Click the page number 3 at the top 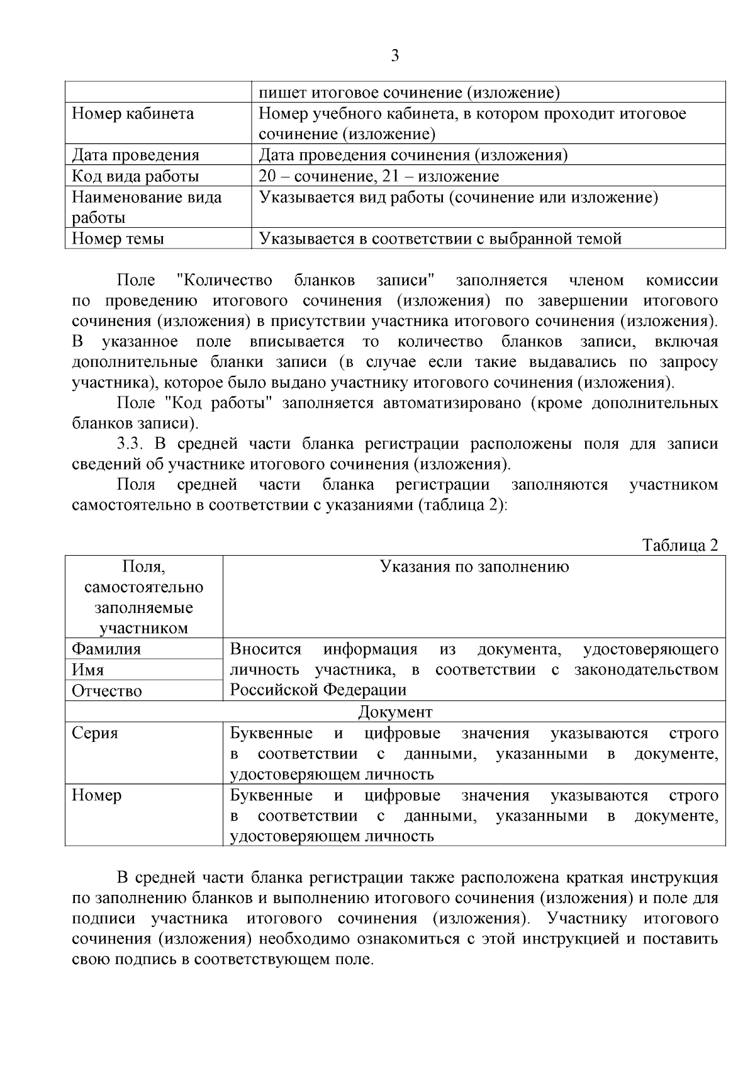(394, 56)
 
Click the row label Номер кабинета (133, 114)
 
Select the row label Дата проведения (135, 155)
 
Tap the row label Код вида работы (135, 176)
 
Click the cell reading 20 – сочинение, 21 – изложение (379, 176)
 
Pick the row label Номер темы (118, 239)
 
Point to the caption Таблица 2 (679, 545)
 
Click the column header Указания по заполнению (474, 566)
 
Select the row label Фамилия (106, 649)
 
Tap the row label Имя (88, 670)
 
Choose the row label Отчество (107, 691)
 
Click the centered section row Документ (395, 712)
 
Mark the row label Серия (94, 733)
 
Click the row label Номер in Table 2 (96, 795)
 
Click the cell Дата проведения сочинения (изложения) (413, 155)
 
